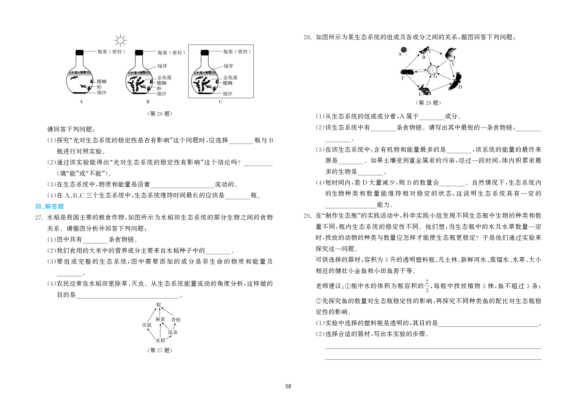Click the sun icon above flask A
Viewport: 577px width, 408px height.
click(x=120, y=41)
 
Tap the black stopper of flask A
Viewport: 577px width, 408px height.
click(x=80, y=52)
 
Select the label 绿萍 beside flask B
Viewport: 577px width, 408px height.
click(x=162, y=66)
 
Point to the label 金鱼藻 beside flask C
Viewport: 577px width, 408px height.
click(x=230, y=77)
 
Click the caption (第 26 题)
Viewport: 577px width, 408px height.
click(x=160, y=114)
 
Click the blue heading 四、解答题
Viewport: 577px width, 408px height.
click(x=50, y=206)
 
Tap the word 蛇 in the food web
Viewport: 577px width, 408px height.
click(x=159, y=304)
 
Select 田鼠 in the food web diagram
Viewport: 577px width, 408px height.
click(x=147, y=325)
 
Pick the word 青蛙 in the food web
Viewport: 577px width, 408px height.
click(x=176, y=320)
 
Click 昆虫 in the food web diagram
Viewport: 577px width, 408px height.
click(x=173, y=332)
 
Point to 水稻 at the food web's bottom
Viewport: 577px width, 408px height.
click(x=160, y=340)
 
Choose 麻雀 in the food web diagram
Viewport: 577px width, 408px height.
click(x=160, y=319)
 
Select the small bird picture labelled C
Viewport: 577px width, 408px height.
click(x=451, y=54)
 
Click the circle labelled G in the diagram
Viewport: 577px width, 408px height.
click(x=432, y=70)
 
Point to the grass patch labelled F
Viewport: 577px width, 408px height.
click(x=407, y=72)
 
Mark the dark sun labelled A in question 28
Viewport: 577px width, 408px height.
click(x=404, y=50)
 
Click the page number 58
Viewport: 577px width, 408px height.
click(x=288, y=386)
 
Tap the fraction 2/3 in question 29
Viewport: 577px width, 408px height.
click(x=427, y=286)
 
